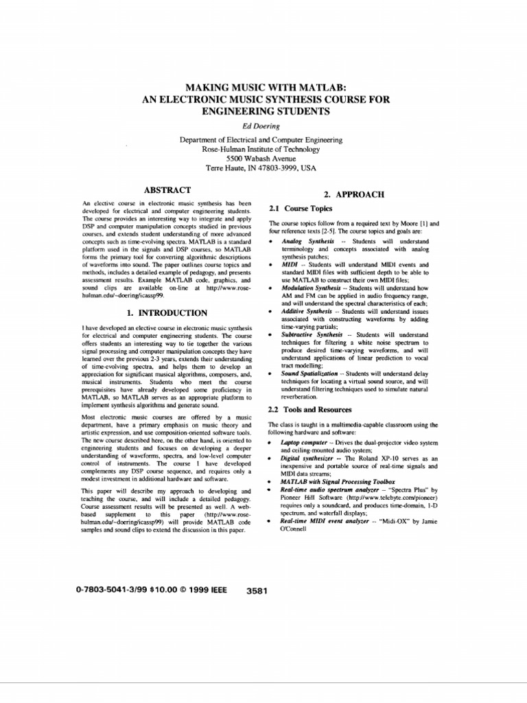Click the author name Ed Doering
click(263, 126)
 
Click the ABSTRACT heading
click(166, 189)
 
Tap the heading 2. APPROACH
click(354, 195)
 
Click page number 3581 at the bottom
click(256, 590)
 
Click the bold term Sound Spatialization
click(309, 373)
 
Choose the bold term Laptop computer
click(307, 443)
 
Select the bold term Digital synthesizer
click(309, 458)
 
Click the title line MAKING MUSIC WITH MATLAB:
click(263, 87)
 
